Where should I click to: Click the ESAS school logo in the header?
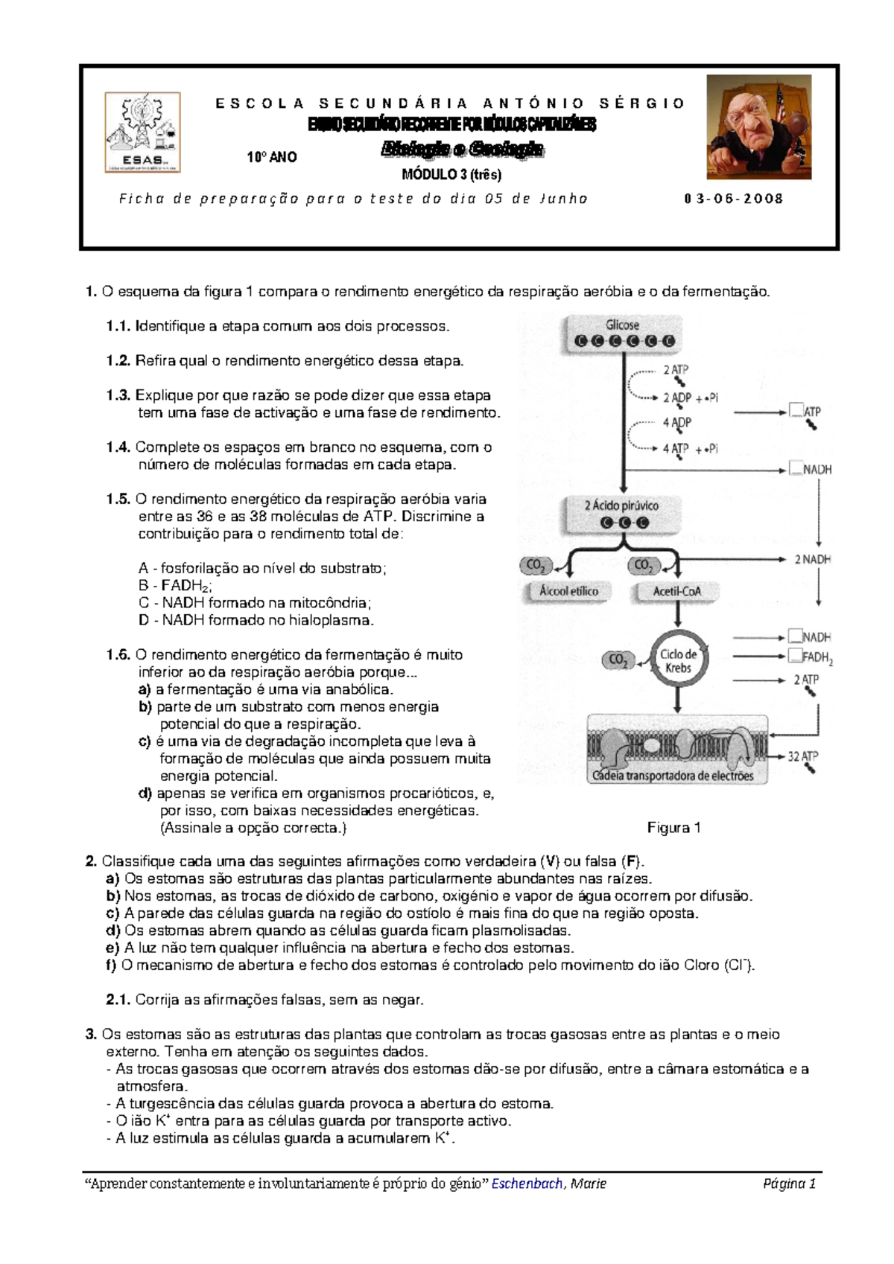[x=142, y=133]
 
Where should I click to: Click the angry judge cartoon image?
[x=758, y=127]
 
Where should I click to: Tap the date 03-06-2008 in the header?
[x=733, y=199]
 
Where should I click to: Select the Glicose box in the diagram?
[x=622, y=333]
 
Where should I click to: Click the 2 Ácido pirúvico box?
[x=621, y=514]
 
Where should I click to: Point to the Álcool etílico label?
[x=568, y=591]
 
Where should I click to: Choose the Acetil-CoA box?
[x=676, y=591]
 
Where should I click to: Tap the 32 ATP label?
[x=802, y=756]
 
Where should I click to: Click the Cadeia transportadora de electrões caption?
[x=673, y=776]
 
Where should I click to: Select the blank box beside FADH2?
[x=795, y=656]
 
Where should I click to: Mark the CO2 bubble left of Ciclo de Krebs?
[x=618, y=660]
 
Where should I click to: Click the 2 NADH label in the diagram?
[x=812, y=559]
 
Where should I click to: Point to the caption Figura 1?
[x=673, y=828]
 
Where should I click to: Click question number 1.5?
[x=118, y=499]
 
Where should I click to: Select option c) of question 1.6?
[x=145, y=741]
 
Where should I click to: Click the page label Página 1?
[x=790, y=1184]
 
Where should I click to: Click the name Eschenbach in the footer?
[x=527, y=1184]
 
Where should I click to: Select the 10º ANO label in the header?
[x=272, y=157]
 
